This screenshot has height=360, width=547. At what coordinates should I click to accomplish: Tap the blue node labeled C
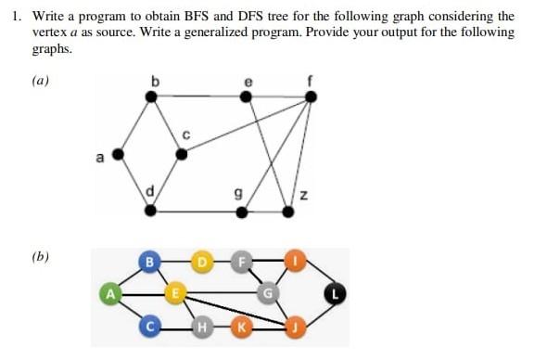click(x=148, y=326)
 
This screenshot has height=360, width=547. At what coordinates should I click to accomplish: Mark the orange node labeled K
click(x=243, y=326)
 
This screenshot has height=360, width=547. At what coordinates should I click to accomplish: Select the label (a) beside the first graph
click(x=40, y=81)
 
